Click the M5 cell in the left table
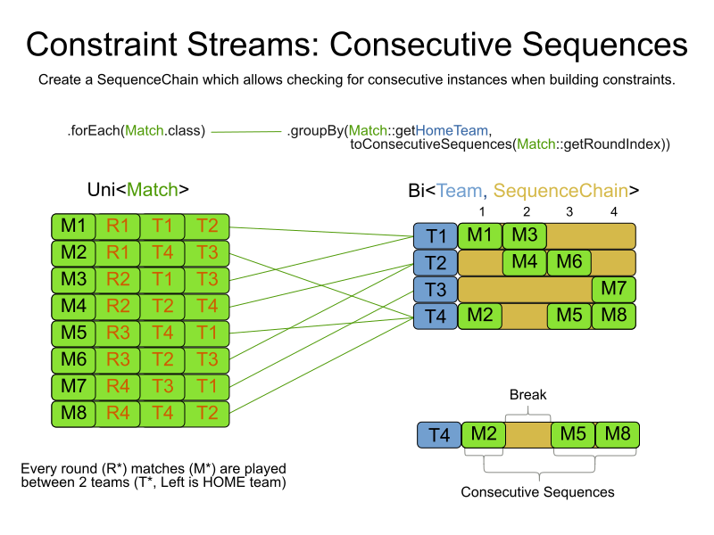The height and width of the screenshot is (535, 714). pos(72,333)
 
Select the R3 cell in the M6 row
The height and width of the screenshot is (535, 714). pos(117,359)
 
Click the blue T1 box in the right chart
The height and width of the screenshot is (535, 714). pos(435,236)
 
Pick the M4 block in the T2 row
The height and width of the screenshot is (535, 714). pos(524,263)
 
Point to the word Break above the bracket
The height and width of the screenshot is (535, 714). pos(527,394)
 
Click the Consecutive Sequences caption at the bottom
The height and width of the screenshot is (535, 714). pos(537,491)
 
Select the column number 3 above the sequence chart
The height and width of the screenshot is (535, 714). pos(569,212)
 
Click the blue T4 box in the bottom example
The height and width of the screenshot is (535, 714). pos(439,435)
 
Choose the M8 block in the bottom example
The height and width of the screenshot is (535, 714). pos(617,435)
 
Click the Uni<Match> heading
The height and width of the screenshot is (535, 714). pos(137,189)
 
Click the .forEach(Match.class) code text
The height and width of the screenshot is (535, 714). pos(136,131)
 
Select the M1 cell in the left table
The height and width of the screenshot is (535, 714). pos(72,226)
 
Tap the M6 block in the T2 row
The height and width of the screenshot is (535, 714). pos(569,263)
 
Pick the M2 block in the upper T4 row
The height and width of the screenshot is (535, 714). pos(479,317)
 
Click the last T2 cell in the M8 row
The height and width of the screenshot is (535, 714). pos(207,413)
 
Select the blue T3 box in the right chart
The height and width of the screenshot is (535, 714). pos(435,290)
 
